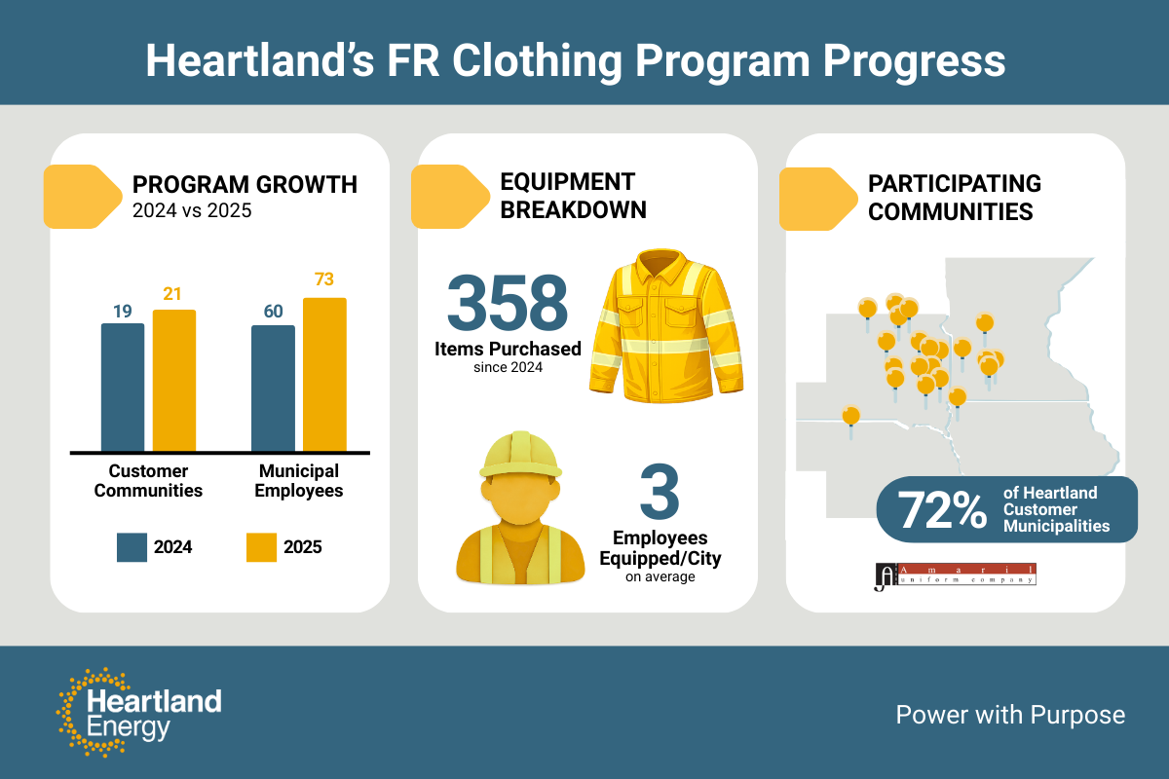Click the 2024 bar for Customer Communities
(x=123, y=388)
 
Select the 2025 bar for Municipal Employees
(x=324, y=375)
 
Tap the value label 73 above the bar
(x=324, y=279)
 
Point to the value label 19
(x=123, y=312)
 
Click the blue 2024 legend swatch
(x=132, y=547)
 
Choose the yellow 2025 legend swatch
(x=261, y=547)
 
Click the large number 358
(x=508, y=303)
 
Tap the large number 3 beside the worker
(x=660, y=492)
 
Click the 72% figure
(x=942, y=510)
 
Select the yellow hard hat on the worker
(x=520, y=455)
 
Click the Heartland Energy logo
(x=139, y=712)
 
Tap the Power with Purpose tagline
(x=1010, y=715)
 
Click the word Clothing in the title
(x=537, y=61)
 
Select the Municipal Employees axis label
(x=299, y=481)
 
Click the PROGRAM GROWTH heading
(x=245, y=185)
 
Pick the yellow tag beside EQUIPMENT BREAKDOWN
(x=450, y=197)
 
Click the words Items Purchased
(x=508, y=349)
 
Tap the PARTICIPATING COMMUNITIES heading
(x=955, y=198)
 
